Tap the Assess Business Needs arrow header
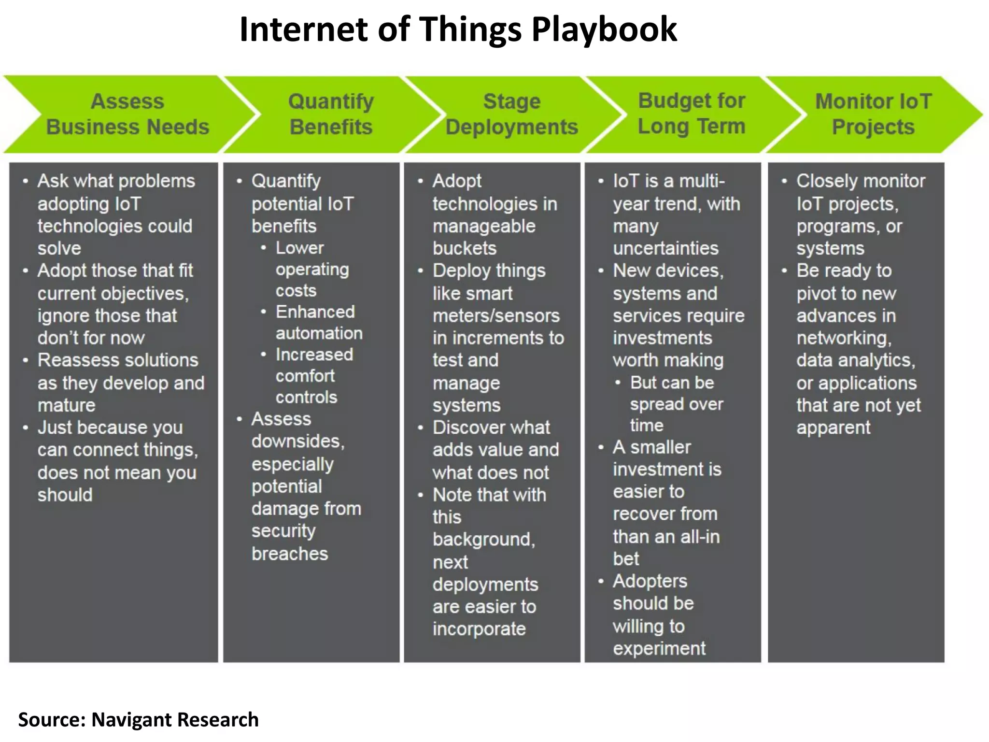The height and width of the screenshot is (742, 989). pos(127,114)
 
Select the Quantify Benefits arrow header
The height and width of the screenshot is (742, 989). pos(331,114)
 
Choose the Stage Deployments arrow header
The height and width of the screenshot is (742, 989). pos(511,114)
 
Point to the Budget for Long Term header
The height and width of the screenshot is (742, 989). pos(691,114)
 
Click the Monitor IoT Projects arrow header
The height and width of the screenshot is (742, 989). pos(873,114)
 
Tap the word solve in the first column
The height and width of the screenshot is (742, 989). pos(59,248)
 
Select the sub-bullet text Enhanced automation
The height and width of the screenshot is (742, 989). pos(318,322)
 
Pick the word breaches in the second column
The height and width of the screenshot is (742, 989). pos(290,554)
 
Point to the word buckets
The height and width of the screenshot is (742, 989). pos(464,248)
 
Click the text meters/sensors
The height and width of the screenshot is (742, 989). pos(496,316)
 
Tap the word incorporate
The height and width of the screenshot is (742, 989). pos(479,629)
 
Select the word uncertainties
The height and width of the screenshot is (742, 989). pos(665,248)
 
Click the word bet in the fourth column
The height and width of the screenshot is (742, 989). pos(626,559)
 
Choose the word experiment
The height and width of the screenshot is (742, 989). pos(659,648)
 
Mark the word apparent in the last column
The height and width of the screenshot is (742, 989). pos(833,428)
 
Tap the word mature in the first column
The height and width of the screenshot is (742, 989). pos(67,405)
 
